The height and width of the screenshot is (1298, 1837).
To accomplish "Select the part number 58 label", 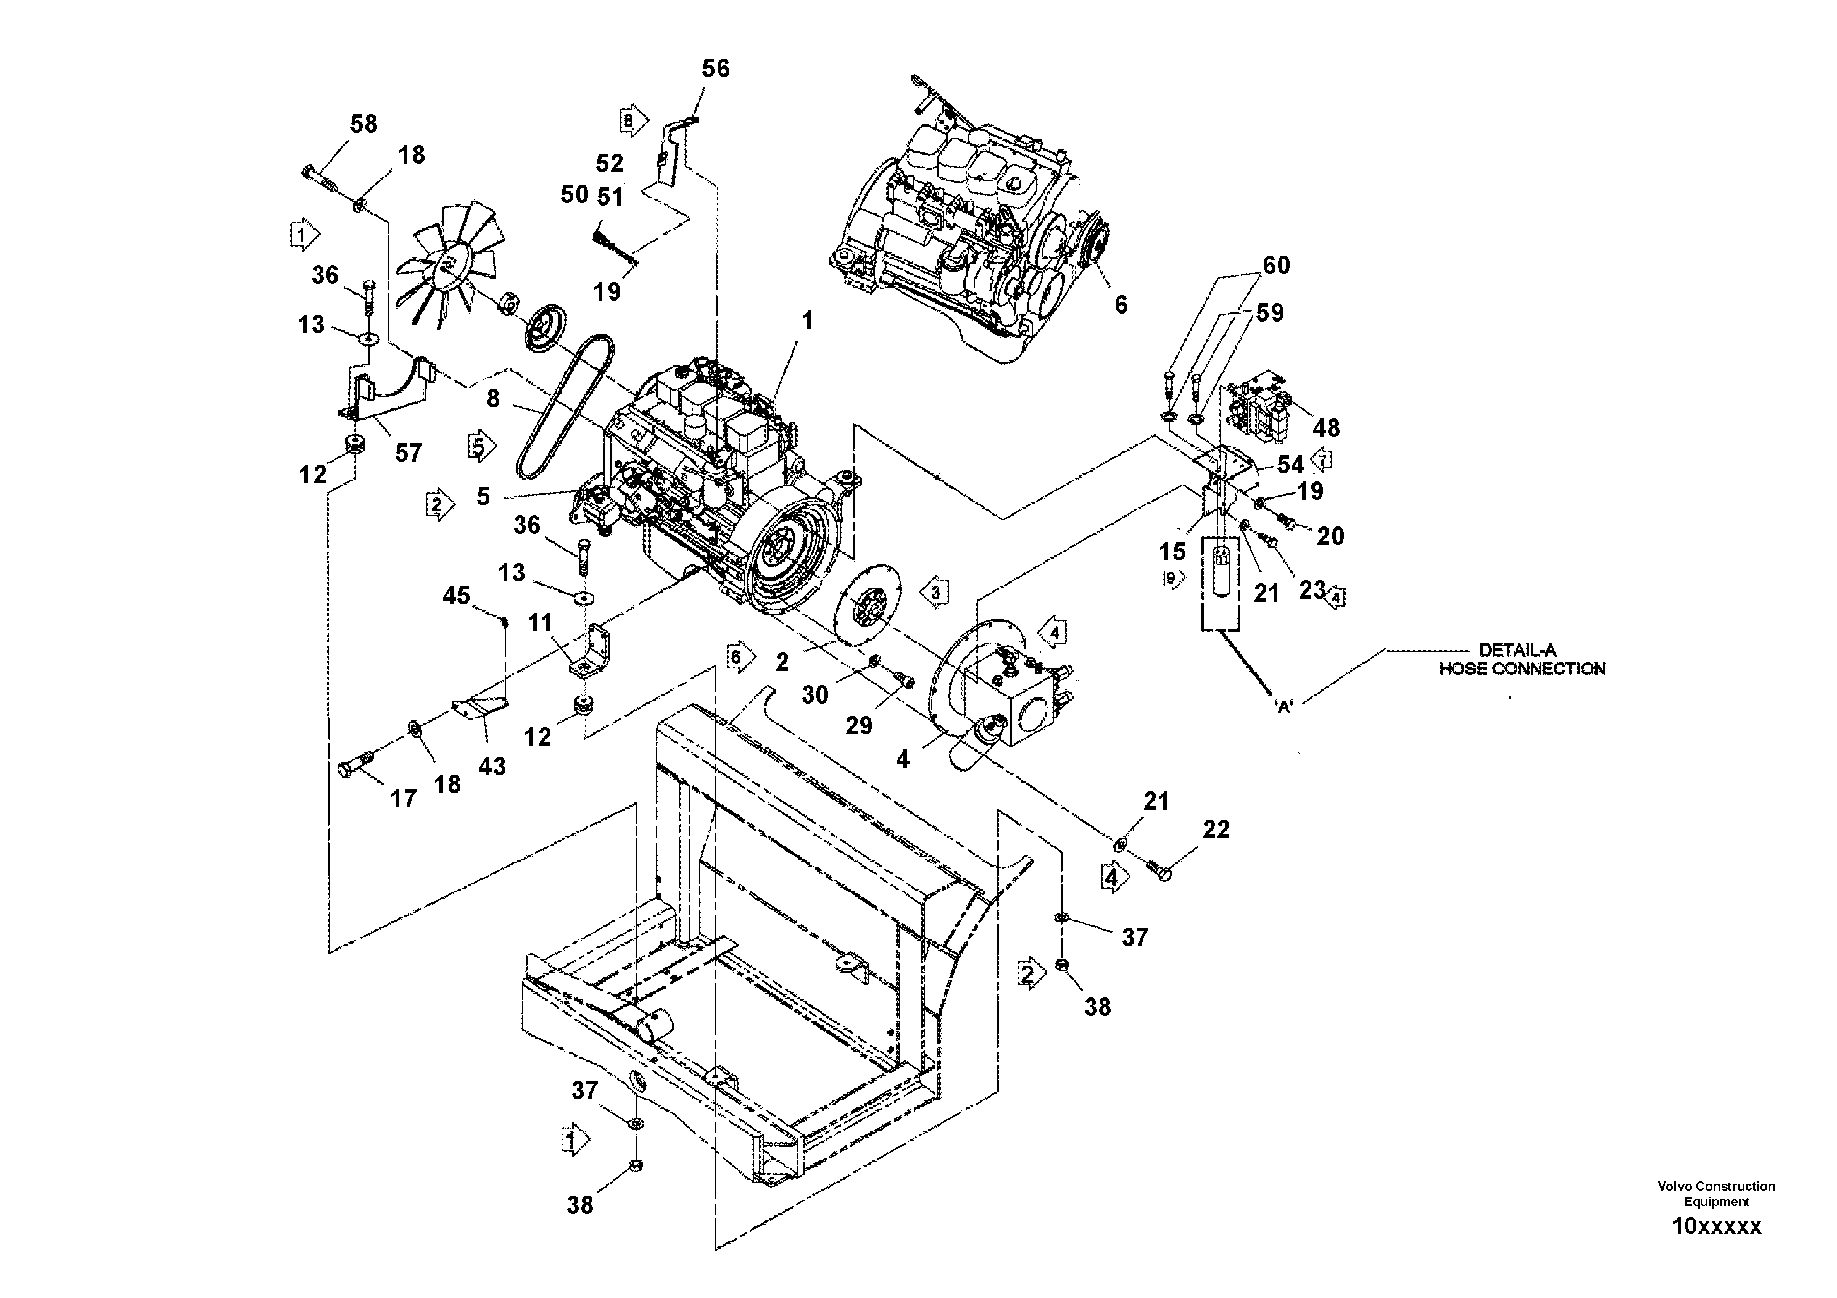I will coord(363,124).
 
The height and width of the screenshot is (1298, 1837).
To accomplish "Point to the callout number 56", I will coord(715,69).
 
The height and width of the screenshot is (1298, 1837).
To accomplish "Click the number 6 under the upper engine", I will coord(1121,304).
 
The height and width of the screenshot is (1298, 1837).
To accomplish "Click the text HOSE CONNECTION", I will coord(1522,669).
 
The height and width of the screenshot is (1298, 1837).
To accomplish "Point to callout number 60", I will coord(1276,265).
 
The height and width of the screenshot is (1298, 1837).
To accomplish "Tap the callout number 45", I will coord(456,596).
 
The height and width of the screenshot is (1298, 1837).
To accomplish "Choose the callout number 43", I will coord(491,766).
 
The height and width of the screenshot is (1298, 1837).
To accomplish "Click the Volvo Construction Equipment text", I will coord(1716,1193).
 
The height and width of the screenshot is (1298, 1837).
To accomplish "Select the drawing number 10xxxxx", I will coord(1716,1226).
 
